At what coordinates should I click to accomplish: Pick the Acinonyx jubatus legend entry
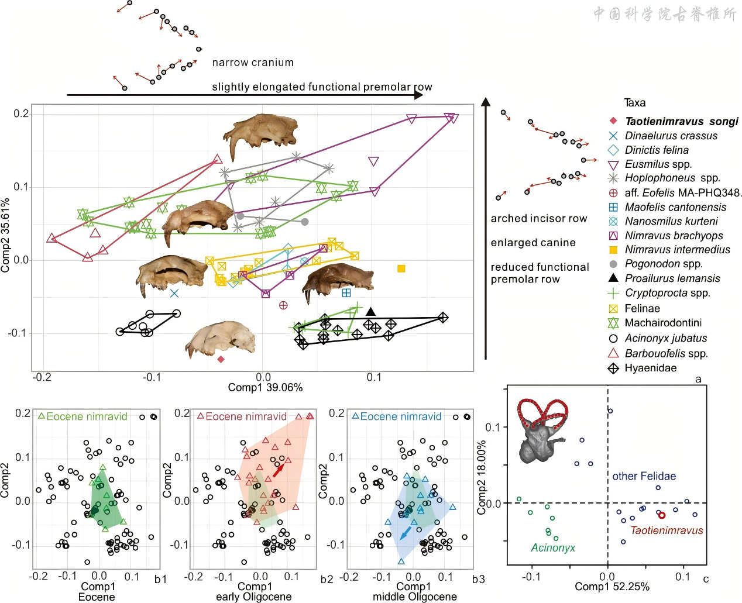[x=665, y=338]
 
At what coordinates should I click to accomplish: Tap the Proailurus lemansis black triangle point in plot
[x=370, y=311]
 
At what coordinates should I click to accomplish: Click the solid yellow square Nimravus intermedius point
[x=401, y=268]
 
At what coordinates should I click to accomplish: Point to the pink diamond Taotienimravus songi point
[x=221, y=359]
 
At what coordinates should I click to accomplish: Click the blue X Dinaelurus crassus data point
[x=174, y=293]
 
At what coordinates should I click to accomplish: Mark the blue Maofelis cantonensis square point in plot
[x=346, y=292]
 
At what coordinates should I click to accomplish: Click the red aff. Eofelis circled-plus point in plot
[x=283, y=305]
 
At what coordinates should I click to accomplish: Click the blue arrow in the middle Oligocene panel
[x=405, y=533]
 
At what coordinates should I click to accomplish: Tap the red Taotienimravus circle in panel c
[x=662, y=515]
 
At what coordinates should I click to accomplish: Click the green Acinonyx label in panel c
[x=553, y=548]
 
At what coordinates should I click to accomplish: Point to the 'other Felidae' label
[x=644, y=476]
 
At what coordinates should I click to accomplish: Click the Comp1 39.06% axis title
[x=265, y=387]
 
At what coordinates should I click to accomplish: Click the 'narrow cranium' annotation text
[x=253, y=63]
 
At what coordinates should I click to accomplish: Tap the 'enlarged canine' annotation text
[x=533, y=243]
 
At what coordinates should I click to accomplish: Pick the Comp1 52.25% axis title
[x=612, y=587]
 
